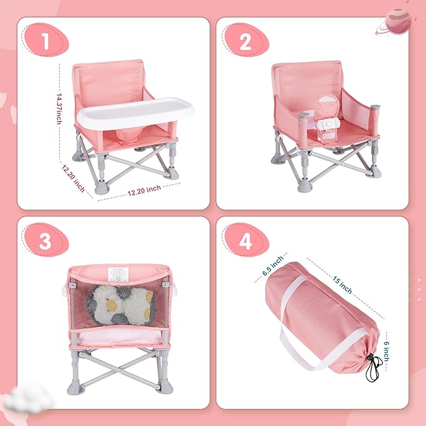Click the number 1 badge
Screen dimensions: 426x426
pos(45,42)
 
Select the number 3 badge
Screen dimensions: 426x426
pos(45,242)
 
